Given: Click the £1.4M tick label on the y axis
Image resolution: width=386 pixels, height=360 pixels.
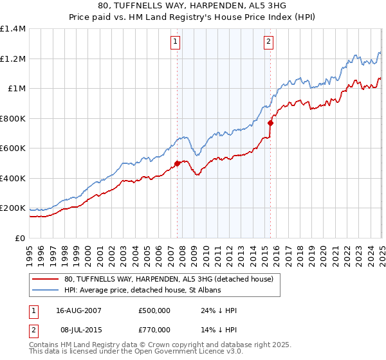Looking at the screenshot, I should [13, 29].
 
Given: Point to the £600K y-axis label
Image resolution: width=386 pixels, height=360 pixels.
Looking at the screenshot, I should [13, 148].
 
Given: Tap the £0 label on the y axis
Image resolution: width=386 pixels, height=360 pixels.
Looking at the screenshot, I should [20, 239].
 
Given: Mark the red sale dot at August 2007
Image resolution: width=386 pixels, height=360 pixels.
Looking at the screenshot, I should [178, 163].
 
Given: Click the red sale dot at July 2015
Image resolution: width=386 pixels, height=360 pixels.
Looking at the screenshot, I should [270, 123].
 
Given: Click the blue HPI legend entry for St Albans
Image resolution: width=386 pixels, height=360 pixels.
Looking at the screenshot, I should [142, 291].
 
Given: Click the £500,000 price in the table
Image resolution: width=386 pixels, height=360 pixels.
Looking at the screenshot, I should [154, 310].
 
